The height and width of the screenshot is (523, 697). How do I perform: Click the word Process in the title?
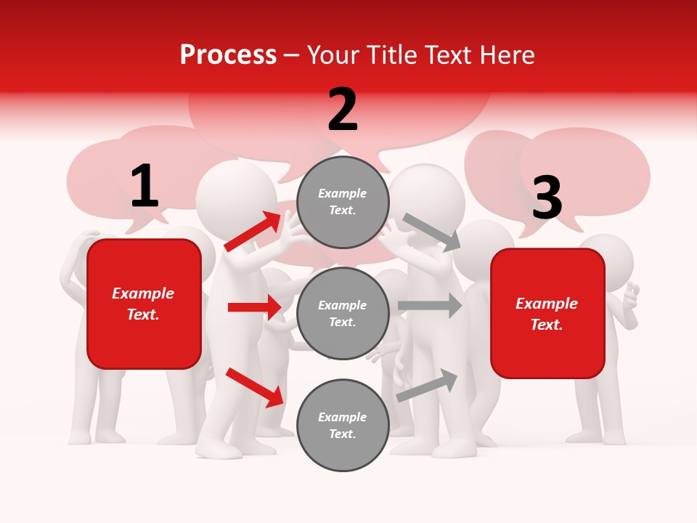(x=228, y=55)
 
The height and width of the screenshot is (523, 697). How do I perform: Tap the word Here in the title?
(x=507, y=55)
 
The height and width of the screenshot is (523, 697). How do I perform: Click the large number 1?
(x=144, y=187)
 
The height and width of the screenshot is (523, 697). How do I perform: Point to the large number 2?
(x=343, y=110)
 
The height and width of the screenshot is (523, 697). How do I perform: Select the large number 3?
(x=547, y=198)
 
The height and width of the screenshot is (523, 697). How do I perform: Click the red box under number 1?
(x=144, y=304)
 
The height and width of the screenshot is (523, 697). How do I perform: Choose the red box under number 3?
(x=547, y=314)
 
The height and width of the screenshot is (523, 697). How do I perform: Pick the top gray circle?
(x=343, y=202)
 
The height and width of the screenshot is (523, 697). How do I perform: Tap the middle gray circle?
(x=343, y=314)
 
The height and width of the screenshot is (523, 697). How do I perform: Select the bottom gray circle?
(x=343, y=426)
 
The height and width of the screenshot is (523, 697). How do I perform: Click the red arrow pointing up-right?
(x=253, y=232)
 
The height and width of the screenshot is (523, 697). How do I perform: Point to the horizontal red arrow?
(x=254, y=307)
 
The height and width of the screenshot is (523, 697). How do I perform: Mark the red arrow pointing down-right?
(x=254, y=387)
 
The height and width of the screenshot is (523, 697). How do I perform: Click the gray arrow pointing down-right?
(x=432, y=232)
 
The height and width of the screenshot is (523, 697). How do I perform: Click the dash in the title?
(x=292, y=55)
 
